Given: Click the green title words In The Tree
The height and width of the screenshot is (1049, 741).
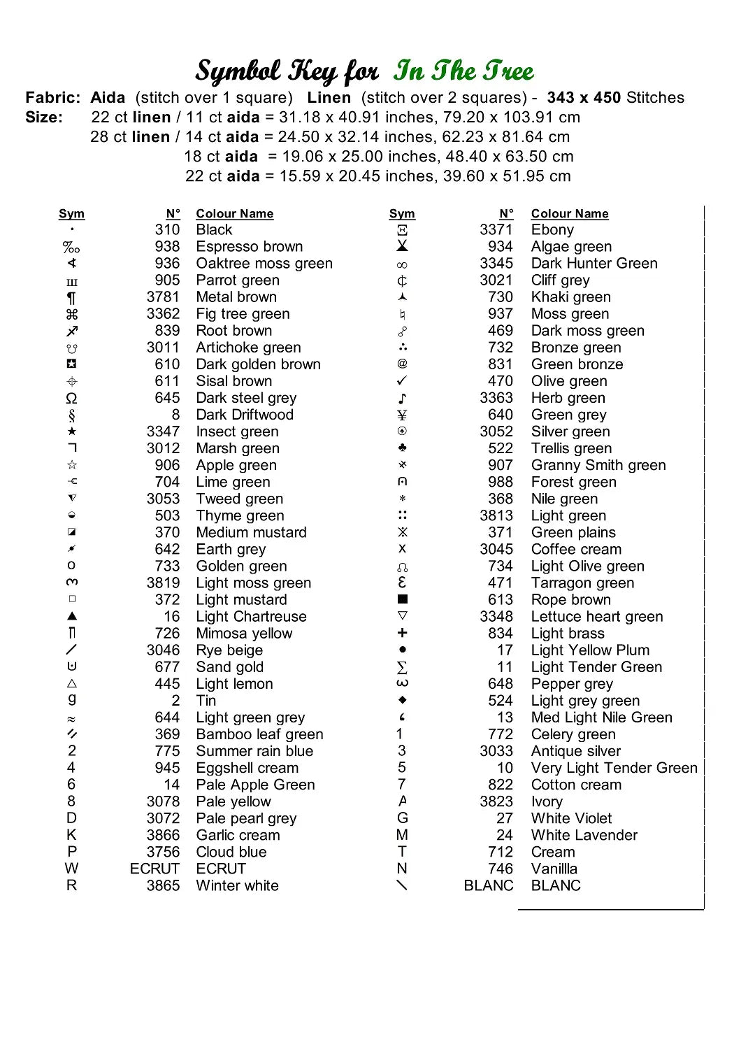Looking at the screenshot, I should point(463,71).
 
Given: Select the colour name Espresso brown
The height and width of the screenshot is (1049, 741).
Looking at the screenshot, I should point(250,247).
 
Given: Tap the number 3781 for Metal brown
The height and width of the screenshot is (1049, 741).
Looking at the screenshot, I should point(163,297).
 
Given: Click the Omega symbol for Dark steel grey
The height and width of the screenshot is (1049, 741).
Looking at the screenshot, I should point(71,399).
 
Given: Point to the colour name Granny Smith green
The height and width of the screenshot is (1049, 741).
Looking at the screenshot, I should point(598,466).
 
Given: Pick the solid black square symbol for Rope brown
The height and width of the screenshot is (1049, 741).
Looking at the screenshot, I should point(402,599).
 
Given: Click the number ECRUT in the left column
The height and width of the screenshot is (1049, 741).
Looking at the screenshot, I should point(154,869).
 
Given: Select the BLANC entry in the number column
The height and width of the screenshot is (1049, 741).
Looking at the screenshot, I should point(488,885).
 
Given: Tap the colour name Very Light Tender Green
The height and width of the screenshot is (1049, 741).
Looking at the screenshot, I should point(614,768).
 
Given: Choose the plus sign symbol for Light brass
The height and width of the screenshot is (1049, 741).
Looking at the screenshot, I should point(402,633).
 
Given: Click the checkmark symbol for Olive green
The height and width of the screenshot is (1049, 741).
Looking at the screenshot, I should point(402,381).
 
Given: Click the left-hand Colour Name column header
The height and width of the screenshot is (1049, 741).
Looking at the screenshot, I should point(234,214).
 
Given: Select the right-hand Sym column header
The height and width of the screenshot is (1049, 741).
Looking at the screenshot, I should point(402,214).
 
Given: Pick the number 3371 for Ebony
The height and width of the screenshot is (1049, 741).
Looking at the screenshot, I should point(496,230).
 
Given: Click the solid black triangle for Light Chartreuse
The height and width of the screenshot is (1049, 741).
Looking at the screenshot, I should point(72,616).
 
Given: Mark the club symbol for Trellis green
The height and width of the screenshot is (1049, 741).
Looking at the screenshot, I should point(402,448).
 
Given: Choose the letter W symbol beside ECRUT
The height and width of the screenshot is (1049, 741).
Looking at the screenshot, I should point(71,869).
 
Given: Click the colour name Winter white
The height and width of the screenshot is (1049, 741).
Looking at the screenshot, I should point(237,885).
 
